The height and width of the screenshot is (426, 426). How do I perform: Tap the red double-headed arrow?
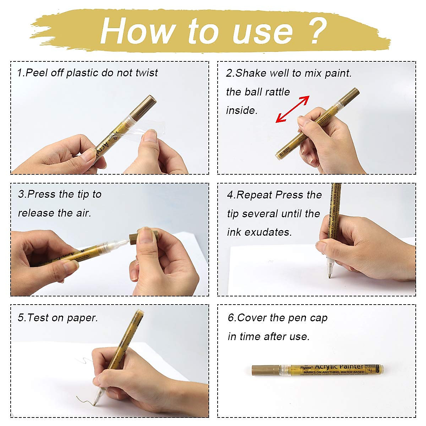click(293, 109)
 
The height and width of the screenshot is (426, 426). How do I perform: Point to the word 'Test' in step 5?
click(38, 317)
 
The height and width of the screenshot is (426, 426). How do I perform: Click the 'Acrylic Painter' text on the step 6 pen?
click(339, 366)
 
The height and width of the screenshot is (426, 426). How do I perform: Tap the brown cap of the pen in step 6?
click(265, 370)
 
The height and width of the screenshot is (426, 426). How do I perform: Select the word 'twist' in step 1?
click(147, 73)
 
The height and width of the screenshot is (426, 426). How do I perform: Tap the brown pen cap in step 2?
click(349, 95)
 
